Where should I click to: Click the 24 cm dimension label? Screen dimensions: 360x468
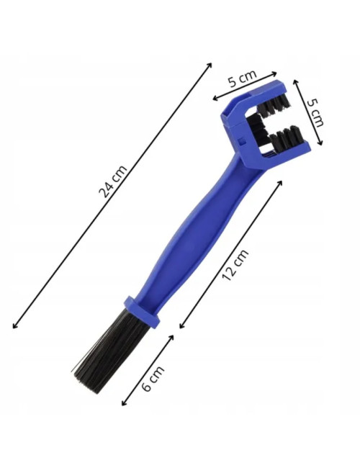(113, 181)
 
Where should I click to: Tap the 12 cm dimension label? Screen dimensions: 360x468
(235, 265)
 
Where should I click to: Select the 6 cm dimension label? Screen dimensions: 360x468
(153, 378)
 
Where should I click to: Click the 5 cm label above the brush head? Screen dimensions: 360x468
(242, 78)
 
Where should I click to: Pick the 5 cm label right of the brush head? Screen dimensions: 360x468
(315, 112)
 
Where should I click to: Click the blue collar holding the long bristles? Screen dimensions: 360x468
(142, 311)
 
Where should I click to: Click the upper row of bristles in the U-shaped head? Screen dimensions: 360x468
(274, 105)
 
